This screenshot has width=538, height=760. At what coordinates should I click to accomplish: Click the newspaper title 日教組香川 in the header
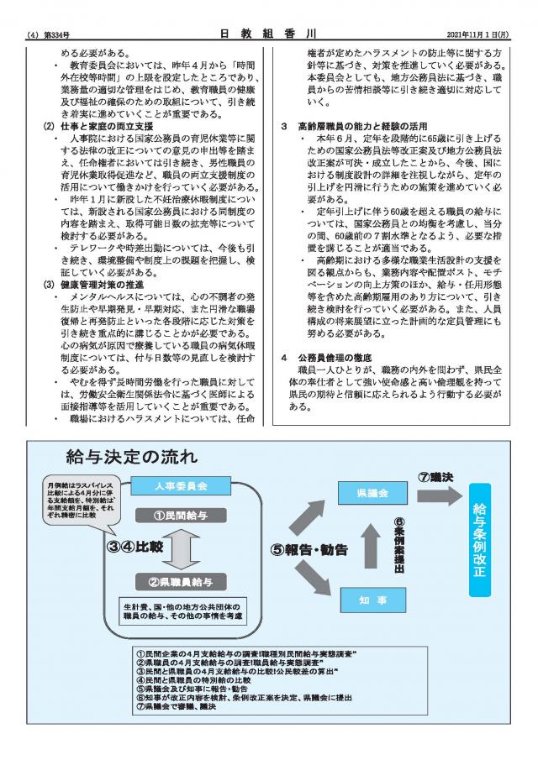[x=268, y=34]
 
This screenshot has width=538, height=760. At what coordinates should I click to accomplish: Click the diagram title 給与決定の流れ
[x=131, y=457]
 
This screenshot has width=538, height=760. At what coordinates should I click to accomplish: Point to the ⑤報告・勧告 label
[x=308, y=550]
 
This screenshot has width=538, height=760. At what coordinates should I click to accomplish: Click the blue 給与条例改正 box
[x=479, y=539]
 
